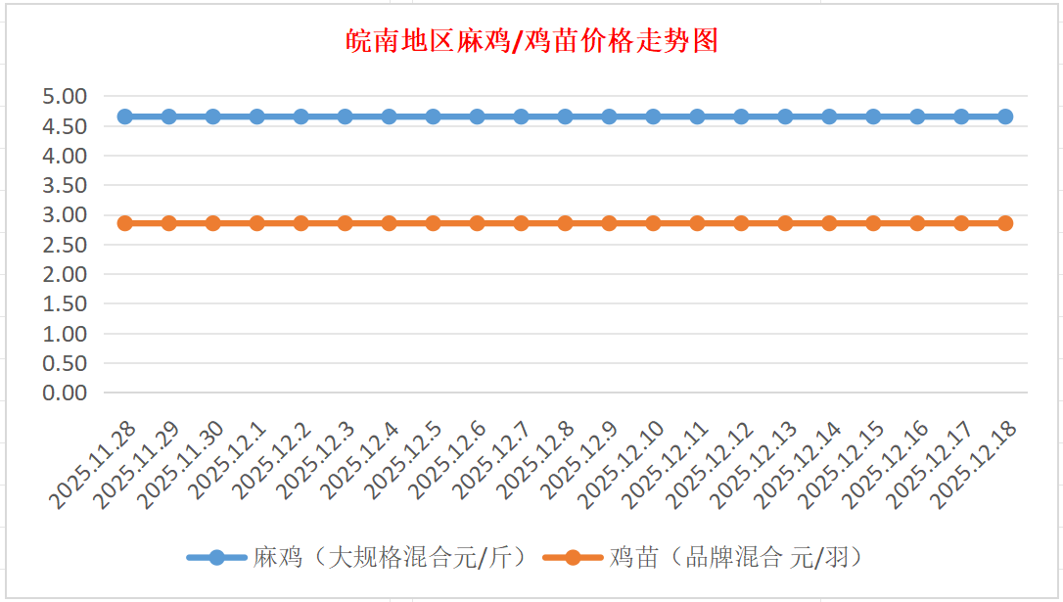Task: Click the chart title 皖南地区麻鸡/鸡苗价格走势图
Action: pos(532,41)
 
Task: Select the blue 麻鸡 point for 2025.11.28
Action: pos(125,116)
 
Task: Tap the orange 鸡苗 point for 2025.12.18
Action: pos(1005,223)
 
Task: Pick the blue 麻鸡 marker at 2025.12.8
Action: pos(565,116)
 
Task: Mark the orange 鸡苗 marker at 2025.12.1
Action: pos(257,223)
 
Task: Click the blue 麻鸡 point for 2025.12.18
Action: pos(1005,116)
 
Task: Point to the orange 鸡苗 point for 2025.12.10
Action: pos(653,223)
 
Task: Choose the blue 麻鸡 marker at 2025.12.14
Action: pos(829,116)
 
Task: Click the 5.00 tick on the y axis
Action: pos(65,96)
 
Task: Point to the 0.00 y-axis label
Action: pos(65,393)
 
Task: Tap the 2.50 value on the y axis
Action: pos(65,245)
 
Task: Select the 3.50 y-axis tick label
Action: pos(65,185)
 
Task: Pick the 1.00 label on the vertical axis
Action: pos(65,334)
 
